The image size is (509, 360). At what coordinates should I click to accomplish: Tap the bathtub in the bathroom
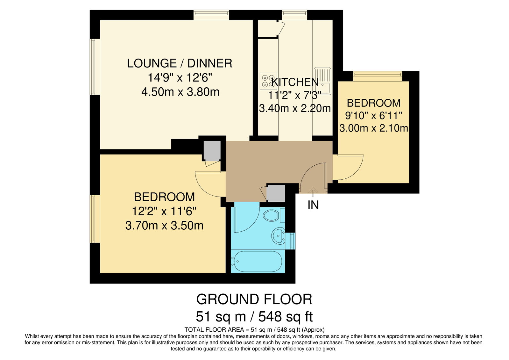tap(257, 261)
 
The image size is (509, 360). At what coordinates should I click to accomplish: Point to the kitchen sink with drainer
tap(322, 81)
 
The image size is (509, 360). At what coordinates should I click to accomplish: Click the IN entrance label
tap(313, 205)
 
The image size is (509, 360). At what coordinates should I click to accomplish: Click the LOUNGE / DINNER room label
tap(180, 63)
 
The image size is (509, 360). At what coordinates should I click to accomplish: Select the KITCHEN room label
tap(295, 82)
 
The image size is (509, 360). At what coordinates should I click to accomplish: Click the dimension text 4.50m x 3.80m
tap(180, 92)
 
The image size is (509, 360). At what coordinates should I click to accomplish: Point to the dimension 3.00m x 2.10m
tap(374, 128)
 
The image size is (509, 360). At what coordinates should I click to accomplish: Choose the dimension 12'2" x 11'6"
tap(164, 212)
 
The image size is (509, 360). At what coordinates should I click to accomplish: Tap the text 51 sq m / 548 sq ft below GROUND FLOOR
tap(254, 316)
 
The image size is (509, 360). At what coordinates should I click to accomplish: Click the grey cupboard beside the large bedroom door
tap(212, 151)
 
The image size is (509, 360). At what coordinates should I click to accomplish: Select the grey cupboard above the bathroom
tap(276, 193)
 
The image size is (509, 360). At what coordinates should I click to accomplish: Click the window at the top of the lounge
tap(211, 15)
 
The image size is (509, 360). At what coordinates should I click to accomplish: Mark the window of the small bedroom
tap(378, 76)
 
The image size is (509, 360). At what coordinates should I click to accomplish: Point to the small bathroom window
tap(290, 241)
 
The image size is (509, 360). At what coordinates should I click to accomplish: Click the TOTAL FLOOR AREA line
tap(255, 330)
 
